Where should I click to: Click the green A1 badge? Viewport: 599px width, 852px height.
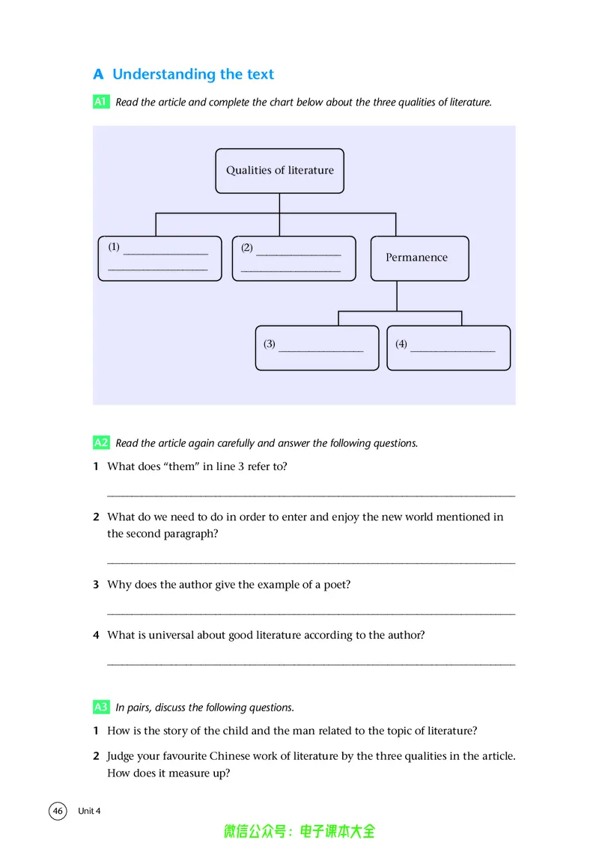tap(101, 102)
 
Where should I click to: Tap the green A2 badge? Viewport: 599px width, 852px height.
tap(101, 442)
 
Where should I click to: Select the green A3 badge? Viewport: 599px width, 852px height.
tap(101, 707)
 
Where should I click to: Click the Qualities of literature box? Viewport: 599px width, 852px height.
tap(279, 171)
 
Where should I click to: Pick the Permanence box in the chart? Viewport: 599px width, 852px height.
tap(419, 258)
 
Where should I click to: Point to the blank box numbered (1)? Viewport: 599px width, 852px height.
tap(159, 258)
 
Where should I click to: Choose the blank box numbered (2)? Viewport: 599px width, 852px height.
tap(294, 258)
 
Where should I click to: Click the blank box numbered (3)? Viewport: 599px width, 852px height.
tap(317, 347)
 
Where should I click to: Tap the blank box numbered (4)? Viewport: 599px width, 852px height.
tap(449, 347)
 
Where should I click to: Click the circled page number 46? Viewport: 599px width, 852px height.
tap(58, 811)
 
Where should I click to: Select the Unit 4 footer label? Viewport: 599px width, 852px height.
tap(89, 811)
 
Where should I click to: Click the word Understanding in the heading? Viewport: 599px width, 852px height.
tap(164, 74)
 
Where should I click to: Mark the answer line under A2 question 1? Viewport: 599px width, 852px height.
tap(311, 496)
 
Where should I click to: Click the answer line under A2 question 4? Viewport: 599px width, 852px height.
tap(311, 664)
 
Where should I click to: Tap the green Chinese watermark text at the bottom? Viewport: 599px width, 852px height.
tap(299, 831)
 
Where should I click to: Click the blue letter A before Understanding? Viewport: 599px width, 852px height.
tap(98, 74)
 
